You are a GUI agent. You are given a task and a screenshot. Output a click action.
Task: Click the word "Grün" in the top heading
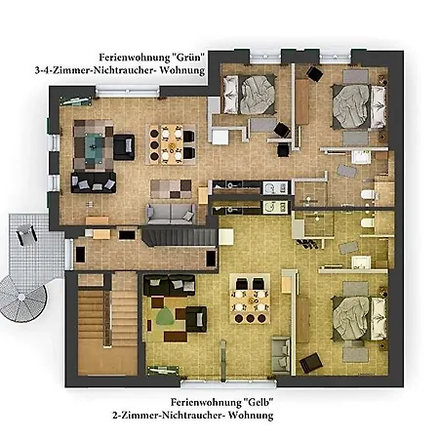tap(188, 58)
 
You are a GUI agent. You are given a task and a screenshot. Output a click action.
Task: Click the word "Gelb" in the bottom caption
tap(258, 402)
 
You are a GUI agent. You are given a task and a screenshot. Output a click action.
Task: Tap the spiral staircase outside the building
tap(22, 299)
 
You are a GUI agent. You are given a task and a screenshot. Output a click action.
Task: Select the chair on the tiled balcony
tap(26, 233)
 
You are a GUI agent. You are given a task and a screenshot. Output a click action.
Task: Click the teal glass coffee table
tap(95, 145)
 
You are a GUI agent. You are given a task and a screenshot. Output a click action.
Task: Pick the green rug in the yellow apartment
tap(166, 316)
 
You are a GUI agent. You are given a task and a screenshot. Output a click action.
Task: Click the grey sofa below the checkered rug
tap(171, 214)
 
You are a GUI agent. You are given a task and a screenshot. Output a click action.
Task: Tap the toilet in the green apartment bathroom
tap(370, 194)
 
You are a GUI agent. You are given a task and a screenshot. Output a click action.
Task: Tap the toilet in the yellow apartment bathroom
tap(368, 222)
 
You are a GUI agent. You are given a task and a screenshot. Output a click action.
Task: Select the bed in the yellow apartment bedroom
tap(359, 318)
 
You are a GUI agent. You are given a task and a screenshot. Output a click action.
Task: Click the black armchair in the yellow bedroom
tap(311, 363)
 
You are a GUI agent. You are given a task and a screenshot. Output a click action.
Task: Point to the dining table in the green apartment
tap(172, 143)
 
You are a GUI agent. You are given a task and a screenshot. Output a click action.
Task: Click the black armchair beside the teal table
tap(124, 147)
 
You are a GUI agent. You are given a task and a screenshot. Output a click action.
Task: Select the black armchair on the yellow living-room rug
tap(196, 319)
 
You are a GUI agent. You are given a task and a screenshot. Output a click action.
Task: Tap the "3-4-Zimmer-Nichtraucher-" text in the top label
tap(97, 70)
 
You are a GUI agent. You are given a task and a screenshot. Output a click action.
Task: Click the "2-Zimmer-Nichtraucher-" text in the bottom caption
tap(169, 416)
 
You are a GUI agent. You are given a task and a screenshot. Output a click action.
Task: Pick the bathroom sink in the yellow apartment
tap(361, 262)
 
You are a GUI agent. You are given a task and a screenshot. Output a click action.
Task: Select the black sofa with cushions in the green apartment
tap(94, 182)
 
